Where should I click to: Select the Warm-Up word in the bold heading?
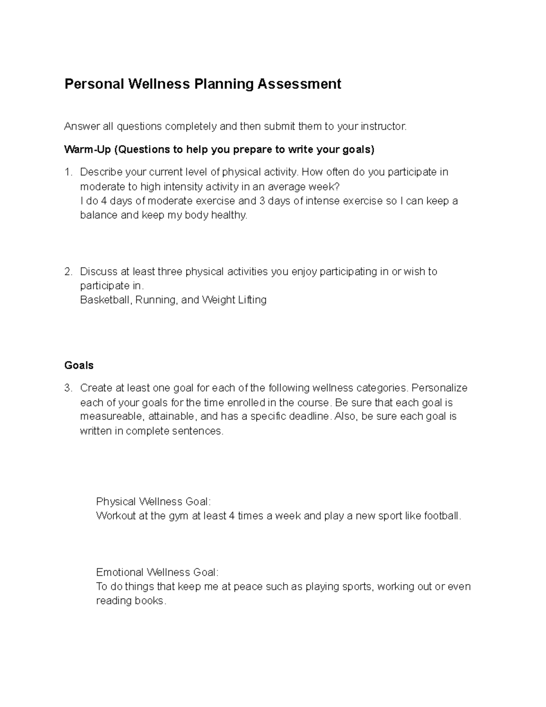pyautogui.click(x=87, y=150)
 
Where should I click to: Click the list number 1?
pyautogui.click(x=68, y=172)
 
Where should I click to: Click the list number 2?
pyautogui.click(x=68, y=272)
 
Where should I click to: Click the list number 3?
pyautogui.click(x=68, y=388)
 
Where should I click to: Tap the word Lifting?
pyautogui.click(x=252, y=300)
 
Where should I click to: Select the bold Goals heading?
pyautogui.click(x=79, y=366)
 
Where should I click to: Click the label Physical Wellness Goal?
pyautogui.click(x=153, y=502)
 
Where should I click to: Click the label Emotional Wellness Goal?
pyautogui.click(x=157, y=572)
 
